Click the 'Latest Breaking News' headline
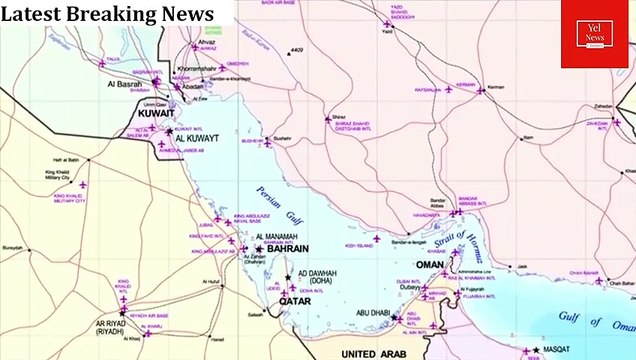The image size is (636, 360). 108,14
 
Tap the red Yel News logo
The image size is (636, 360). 594,34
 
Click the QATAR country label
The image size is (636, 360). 294,300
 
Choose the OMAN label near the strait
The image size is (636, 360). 430,265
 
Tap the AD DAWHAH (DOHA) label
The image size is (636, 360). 318,276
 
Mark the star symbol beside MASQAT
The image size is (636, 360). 530,350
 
